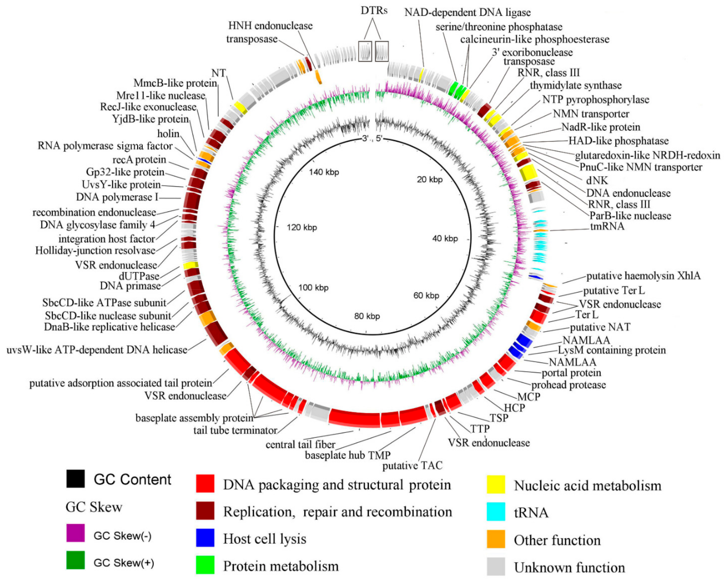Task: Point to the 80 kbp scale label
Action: pyautogui.click(x=367, y=316)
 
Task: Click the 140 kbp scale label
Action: pyautogui.click(x=324, y=172)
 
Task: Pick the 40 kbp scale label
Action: pyautogui.click(x=445, y=239)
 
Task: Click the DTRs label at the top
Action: pyautogui.click(x=374, y=11)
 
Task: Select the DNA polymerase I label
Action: pyautogui.click(x=117, y=197)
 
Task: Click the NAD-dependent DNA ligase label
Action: pyautogui.click(x=467, y=13)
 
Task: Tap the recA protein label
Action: pyautogui.click(x=139, y=159)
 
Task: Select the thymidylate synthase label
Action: pyautogui.click(x=576, y=85)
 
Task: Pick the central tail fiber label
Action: pyautogui.click(x=300, y=445)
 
